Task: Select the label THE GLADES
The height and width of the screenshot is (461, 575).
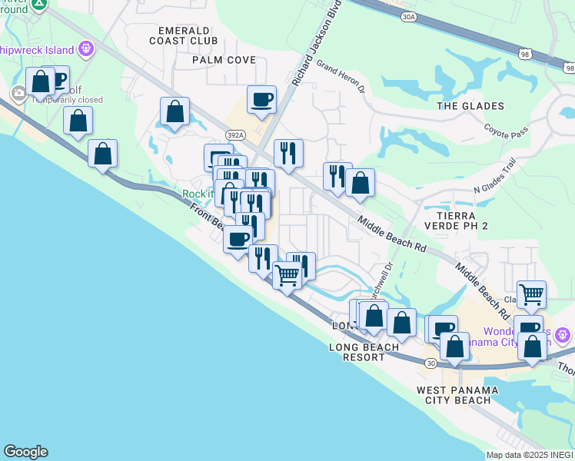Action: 470,106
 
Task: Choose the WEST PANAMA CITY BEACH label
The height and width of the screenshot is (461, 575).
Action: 457,396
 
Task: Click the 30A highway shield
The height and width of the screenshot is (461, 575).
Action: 409,16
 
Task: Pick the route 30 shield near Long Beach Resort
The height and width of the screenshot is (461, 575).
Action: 431,362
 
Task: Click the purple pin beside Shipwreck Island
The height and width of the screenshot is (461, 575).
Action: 86,49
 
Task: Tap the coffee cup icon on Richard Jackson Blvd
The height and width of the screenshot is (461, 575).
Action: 261,99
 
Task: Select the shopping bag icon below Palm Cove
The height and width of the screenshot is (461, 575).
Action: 175,111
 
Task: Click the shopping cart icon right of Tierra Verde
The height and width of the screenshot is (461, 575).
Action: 531,294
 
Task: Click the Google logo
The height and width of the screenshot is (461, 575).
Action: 25,452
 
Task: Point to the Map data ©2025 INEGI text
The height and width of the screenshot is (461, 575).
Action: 530,455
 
